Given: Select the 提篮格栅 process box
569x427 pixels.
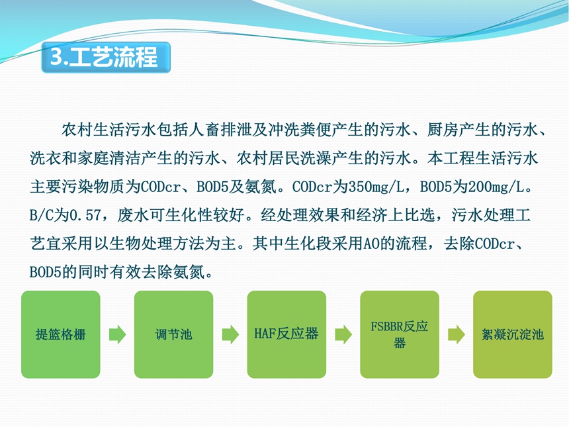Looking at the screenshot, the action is pyautogui.click(x=61, y=334).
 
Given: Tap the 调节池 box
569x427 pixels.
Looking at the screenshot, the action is pyautogui.click(x=173, y=334).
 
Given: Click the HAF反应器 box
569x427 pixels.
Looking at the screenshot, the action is pyautogui.click(x=286, y=334).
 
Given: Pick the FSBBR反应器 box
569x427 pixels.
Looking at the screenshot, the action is pyautogui.click(x=400, y=334).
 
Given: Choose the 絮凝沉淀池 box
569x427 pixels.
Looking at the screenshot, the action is pyautogui.click(x=512, y=334).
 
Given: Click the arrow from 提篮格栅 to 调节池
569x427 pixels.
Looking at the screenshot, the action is pyautogui.click(x=118, y=334).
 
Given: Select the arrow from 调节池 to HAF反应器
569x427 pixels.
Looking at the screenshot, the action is pyautogui.click(x=230, y=334).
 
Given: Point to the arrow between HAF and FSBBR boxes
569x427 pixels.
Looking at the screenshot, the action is pyautogui.click(x=343, y=334).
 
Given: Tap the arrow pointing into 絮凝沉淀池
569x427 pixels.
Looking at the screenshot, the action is pyautogui.click(x=457, y=334).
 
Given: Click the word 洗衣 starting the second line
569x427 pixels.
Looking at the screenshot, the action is pyautogui.click(x=46, y=158).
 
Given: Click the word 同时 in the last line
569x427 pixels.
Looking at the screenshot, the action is pyautogui.click(x=94, y=271).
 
